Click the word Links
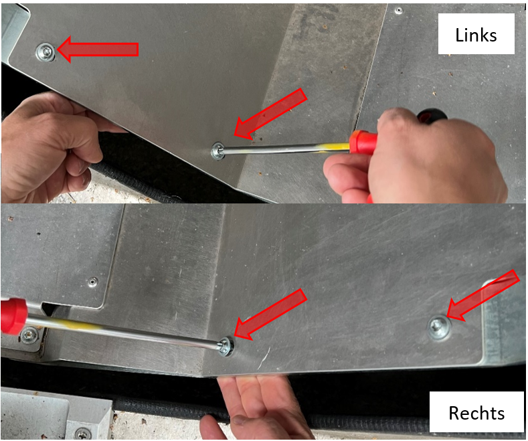tap(476, 35)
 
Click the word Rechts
tap(476, 413)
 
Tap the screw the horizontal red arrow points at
tap(46, 52)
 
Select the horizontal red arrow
tap(98, 50)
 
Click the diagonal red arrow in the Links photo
tap(270, 114)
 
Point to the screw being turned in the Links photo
tap(218, 151)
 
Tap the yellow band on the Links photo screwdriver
tap(334, 147)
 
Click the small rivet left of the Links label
tap(399, 11)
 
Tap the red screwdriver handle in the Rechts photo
tap(13, 315)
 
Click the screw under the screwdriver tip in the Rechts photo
tap(226, 346)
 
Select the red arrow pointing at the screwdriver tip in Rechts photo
tap(270, 314)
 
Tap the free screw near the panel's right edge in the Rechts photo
tap(439, 327)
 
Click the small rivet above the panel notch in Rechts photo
tap(92, 282)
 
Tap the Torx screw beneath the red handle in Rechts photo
tap(29, 335)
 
